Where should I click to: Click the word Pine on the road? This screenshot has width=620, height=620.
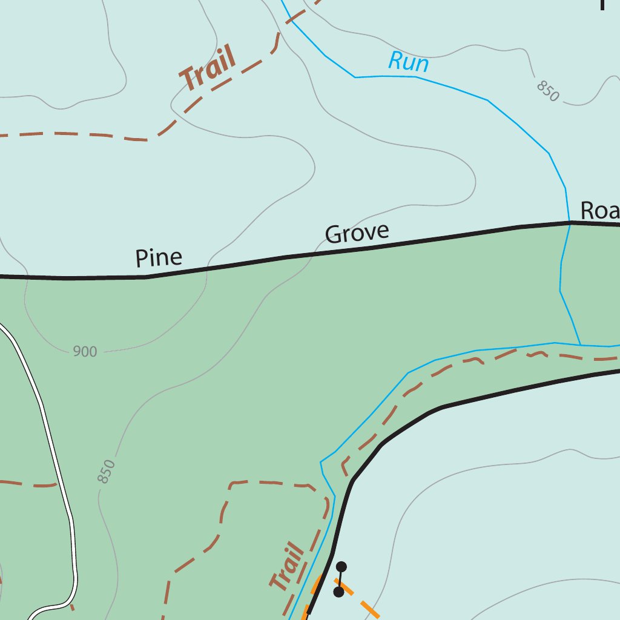click(159, 258)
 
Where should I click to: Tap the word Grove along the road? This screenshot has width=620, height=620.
click(357, 233)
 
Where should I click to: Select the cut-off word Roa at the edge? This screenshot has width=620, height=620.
click(599, 211)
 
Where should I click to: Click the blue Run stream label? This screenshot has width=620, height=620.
click(409, 62)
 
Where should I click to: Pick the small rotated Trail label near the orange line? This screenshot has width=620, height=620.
click(288, 567)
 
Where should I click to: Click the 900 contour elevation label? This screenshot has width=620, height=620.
click(85, 352)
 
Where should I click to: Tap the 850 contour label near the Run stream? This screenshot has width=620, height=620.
click(547, 91)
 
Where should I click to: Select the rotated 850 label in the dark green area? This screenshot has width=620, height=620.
click(106, 472)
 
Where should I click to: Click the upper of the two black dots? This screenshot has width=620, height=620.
click(341, 567)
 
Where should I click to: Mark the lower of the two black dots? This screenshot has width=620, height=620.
click(339, 592)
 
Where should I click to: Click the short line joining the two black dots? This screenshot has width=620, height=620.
click(340, 579)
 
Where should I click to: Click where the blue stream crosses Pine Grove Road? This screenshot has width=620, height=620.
click(569, 223)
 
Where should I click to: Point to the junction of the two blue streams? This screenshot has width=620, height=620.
click(581, 345)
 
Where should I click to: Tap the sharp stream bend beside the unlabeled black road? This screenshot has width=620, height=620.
click(321, 462)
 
